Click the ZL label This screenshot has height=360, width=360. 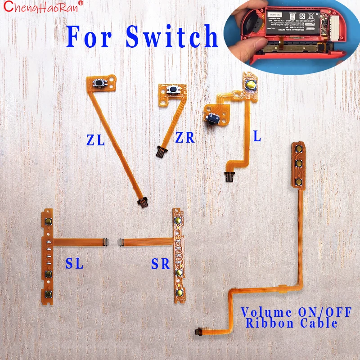(x=95, y=140)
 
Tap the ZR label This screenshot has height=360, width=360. (x=184, y=137)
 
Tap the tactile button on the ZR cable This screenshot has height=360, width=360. (x=171, y=90)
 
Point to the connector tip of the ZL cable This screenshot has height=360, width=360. (x=142, y=203)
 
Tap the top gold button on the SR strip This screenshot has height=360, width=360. (x=178, y=221)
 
